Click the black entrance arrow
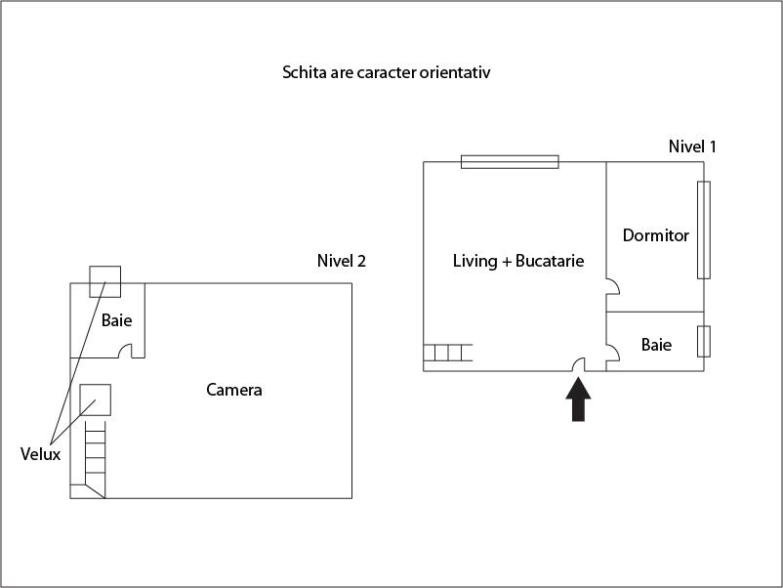point(578,399)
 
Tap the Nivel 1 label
point(692,147)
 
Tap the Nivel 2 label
point(342,261)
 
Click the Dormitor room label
point(656,235)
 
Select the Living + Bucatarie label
point(518,261)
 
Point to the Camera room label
point(234,390)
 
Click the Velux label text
point(40,454)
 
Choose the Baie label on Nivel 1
point(656,345)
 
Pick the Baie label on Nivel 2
point(117,320)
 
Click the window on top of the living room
point(510,162)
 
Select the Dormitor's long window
point(704,230)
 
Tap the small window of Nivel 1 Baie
point(704,341)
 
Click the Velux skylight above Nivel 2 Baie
point(104,281)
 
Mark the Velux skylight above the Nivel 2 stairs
point(95,399)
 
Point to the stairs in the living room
point(448,353)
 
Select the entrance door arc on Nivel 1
point(579,365)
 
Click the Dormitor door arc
point(613,286)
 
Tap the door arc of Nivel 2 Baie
point(125,352)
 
